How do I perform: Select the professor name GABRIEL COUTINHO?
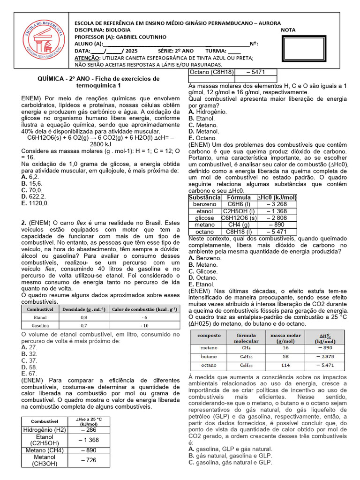coord(138,37)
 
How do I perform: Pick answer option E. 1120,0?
coord(35,203)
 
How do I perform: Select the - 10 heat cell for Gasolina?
coord(145,325)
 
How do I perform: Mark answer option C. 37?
coord(30,360)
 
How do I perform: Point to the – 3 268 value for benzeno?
coord(277,204)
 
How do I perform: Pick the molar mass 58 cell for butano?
coord(285,357)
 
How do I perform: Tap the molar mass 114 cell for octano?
coord(285,365)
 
